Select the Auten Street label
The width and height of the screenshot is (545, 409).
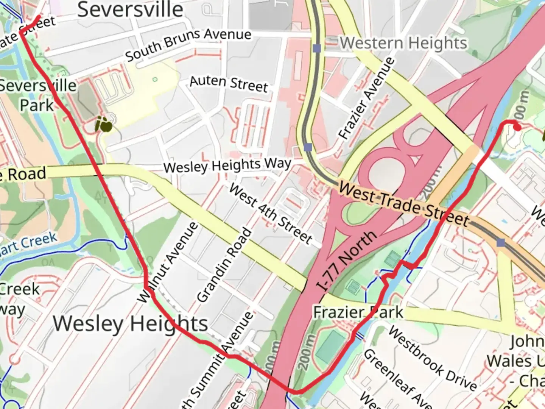tap(229, 84)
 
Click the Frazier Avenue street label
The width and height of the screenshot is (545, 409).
tap(366, 98)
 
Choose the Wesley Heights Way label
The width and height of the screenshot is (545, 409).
tap(227, 166)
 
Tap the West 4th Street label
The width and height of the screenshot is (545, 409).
tap(271, 214)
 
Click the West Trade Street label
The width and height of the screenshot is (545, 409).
tap(404, 204)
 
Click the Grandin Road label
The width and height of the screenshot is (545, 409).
tap(224, 265)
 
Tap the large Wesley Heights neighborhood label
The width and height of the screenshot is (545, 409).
tap(130, 324)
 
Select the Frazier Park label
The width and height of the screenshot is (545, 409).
tap(358, 312)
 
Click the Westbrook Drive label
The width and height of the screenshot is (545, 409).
tap(432, 358)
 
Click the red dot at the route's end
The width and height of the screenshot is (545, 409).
tap(517, 127)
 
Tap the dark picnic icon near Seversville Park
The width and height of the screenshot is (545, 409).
tap(103, 124)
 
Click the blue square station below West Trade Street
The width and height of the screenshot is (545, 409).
tap(501, 242)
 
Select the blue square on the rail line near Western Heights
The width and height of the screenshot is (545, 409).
tap(317, 48)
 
